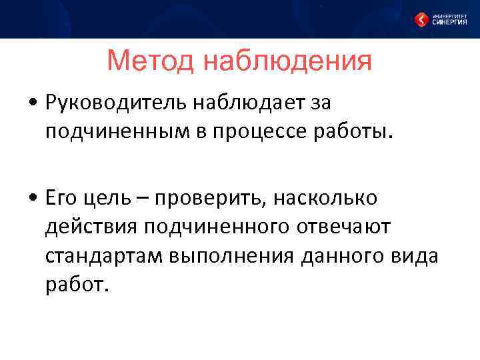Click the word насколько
coord(334,197)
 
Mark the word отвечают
coord(343,227)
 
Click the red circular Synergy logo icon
coord(421,20)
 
